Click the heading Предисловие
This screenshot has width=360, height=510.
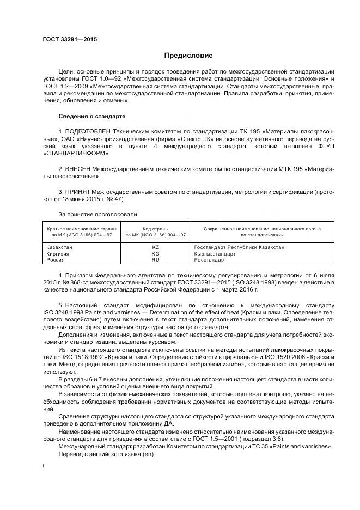click(189, 56)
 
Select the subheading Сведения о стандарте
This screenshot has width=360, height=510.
click(91, 116)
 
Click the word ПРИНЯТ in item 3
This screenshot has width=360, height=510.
click(78, 193)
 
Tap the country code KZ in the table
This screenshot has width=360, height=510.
click(155, 247)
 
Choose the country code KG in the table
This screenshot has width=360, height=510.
click(155, 254)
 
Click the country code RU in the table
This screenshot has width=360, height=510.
click(155, 260)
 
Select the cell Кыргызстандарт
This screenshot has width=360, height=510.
click(214, 254)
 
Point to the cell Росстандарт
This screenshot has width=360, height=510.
click(211, 260)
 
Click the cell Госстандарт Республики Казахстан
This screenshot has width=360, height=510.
click(239, 247)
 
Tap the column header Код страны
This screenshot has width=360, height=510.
click(155, 229)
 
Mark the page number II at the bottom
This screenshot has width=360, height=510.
click(44, 466)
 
